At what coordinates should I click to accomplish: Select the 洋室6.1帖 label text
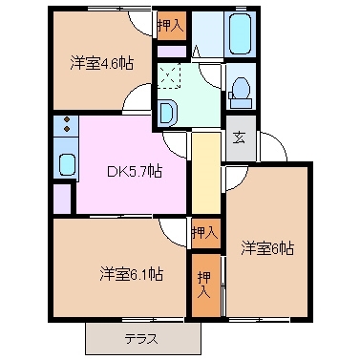(131, 274)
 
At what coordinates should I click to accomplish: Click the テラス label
(140, 339)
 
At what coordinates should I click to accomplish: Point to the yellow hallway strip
(203, 172)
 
